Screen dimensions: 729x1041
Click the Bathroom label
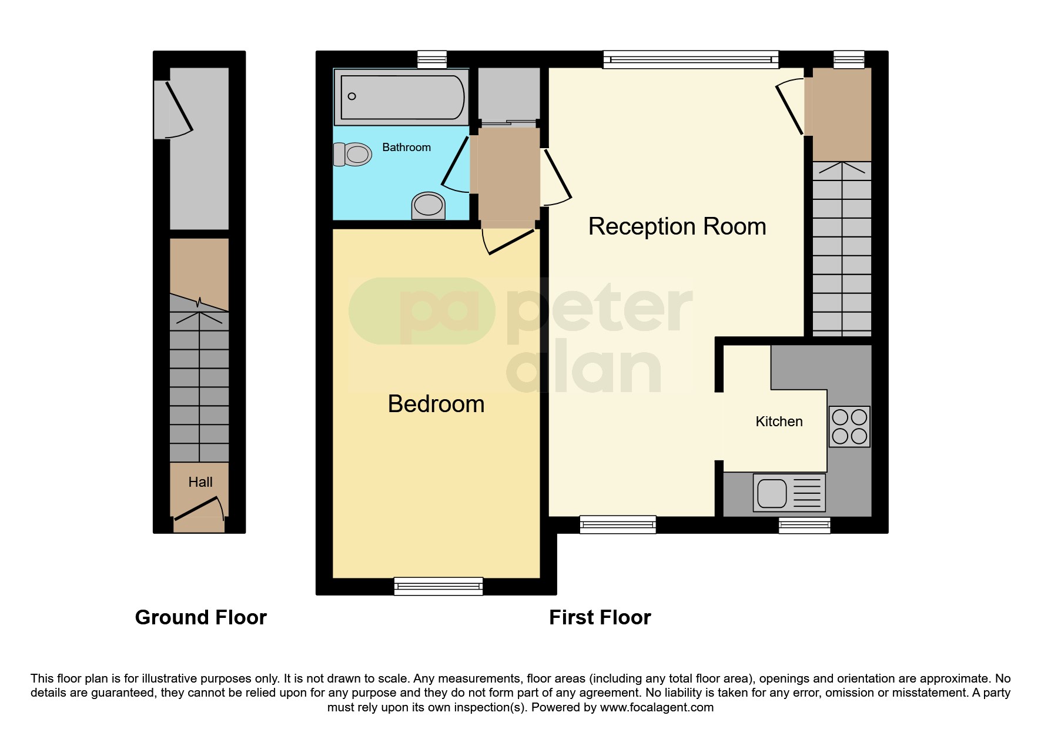tap(406, 148)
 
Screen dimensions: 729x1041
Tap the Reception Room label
tap(677, 227)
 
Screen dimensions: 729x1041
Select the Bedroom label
tap(436, 404)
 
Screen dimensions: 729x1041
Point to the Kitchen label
tap(779, 422)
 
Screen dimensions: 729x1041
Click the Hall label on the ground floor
tap(200, 482)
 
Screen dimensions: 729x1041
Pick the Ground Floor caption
tap(200, 617)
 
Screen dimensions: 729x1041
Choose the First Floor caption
tap(600, 617)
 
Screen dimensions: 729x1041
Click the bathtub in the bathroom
tap(401, 97)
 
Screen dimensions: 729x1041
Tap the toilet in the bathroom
tap(353, 155)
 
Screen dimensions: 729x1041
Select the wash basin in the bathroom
tap(428, 205)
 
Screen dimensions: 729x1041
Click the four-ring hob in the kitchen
tap(849, 426)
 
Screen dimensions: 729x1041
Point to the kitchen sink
tap(789, 493)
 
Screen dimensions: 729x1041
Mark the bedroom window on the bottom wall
tap(438, 586)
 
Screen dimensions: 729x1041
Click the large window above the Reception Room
tap(691, 59)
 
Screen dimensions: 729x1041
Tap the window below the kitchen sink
tap(804, 525)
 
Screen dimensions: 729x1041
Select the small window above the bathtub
tap(432, 59)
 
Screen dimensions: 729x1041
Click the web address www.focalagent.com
tap(657, 707)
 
